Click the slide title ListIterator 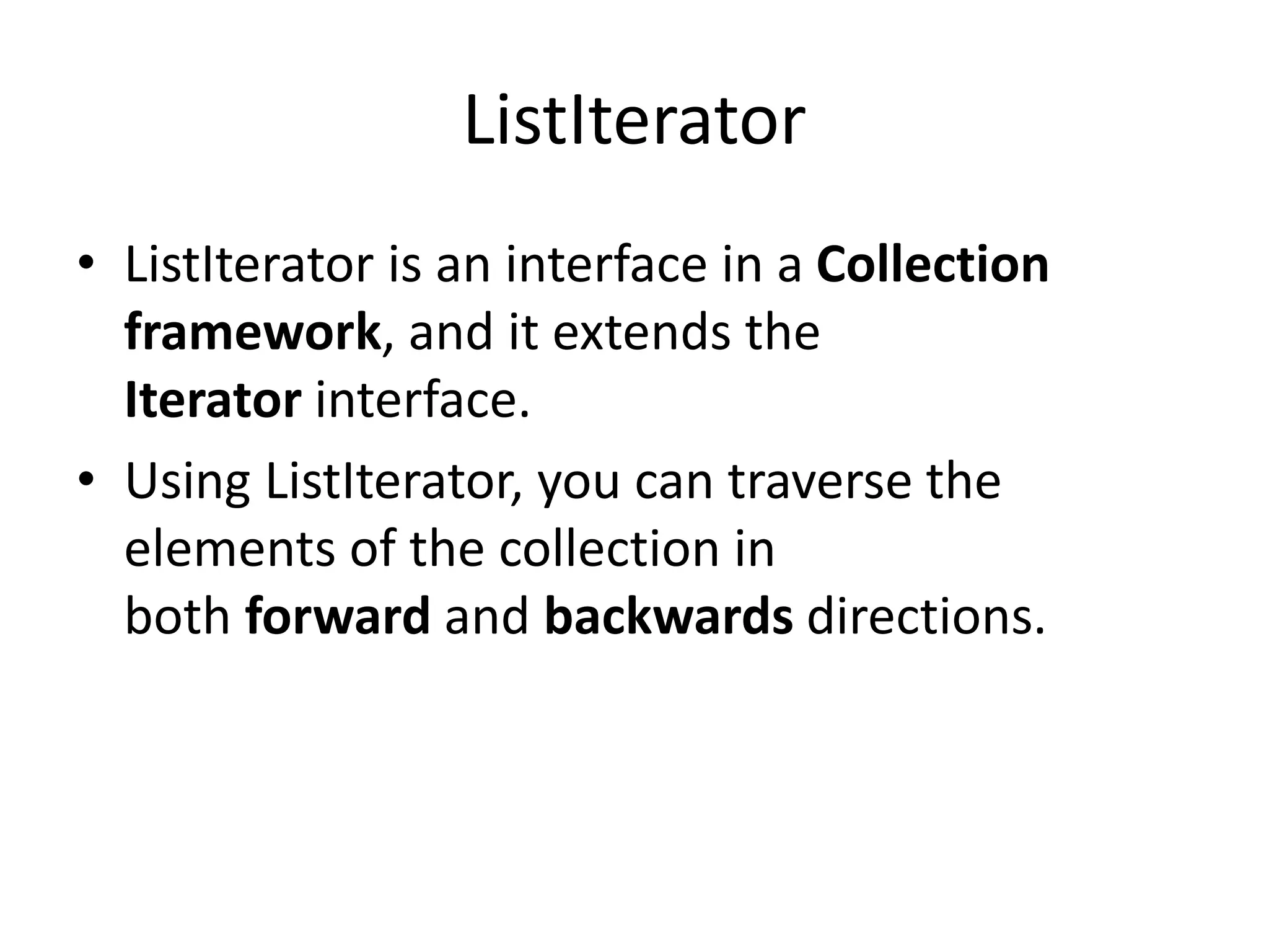click(x=634, y=121)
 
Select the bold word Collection click(x=933, y=265)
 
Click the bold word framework click(x=253, y=333)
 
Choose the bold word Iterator click(x=213, y=401)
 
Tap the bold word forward click(x=338, y=617)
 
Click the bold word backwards click(x=669, y=617)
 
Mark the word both click(x=178, y=617)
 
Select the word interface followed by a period click(x=423, y=401)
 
